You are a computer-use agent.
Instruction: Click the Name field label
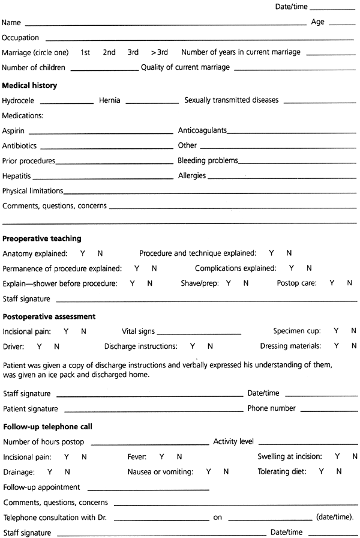click(11, 23)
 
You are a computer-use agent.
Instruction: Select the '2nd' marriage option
click(109, 52)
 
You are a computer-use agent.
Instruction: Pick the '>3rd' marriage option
click(160, 52)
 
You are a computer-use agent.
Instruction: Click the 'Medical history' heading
click(29, 86)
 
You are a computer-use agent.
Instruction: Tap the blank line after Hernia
click(152, 101)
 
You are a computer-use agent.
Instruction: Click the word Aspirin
click(14, 130)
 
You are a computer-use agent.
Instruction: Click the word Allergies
click(192, 176)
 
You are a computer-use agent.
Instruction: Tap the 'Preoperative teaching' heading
click(42, 238)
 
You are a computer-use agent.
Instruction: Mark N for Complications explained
click(309, 268)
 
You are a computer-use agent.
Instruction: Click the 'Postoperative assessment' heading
click(49, 316)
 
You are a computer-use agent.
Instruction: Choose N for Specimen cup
click(353, 331)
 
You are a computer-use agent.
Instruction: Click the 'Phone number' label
click(271, 408)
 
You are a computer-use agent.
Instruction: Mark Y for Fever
click(161, 457)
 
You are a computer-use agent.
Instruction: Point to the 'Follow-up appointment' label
click(41, 487)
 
